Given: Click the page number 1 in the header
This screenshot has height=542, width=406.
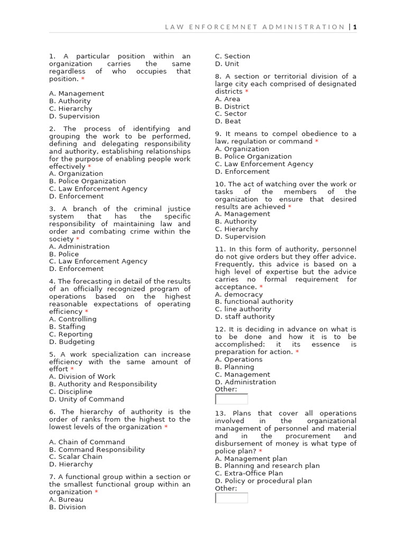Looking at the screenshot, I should [355, 26].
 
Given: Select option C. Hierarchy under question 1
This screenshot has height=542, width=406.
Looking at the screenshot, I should [70, 109].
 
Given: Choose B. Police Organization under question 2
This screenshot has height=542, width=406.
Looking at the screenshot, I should [87, 181].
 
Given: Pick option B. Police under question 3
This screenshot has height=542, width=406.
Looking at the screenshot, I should [63, 254].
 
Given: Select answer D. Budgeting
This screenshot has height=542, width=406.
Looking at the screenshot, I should [72, 342].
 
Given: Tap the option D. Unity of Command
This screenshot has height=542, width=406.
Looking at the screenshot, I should [86, 399].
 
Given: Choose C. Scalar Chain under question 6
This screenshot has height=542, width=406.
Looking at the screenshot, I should [76, 457].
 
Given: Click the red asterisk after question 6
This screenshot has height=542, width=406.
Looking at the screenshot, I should [166, 427].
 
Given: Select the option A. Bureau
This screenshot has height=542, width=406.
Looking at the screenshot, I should [66, 499].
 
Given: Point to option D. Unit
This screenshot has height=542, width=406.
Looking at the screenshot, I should [227, 64].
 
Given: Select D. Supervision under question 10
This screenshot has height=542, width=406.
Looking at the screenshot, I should [240, 237].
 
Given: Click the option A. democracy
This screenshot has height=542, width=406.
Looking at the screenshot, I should [238, 294].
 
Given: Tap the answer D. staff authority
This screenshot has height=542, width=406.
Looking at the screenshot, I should [245, 317].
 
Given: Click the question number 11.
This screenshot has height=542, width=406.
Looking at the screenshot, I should [220, 249].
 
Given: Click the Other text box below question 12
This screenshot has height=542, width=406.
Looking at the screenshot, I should [232, 399].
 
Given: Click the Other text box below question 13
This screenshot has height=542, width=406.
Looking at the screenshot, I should [232, 498].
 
